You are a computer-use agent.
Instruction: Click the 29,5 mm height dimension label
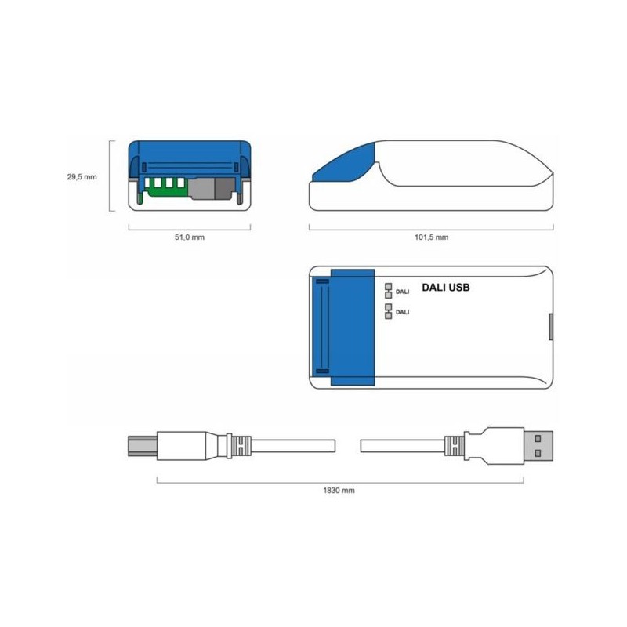[82, 177]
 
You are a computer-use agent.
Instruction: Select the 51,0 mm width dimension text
[189, 237]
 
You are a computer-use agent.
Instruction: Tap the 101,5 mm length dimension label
[432, 237]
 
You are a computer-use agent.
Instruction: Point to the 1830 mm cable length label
[339, 490]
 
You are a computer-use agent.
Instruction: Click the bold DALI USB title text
[446, 288]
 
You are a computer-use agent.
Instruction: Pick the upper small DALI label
[403, 292]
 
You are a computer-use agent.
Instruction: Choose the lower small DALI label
[403, 312]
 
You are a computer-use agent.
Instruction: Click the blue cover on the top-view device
[353, 328]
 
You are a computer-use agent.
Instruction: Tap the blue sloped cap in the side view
[346, 162]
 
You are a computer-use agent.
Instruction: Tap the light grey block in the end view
[202, 188]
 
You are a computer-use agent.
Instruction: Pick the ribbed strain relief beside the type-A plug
[452, 446]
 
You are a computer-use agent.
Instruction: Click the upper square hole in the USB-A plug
[538, 437]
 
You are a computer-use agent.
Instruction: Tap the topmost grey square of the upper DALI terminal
[388, 286]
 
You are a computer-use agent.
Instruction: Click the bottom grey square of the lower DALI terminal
[388, 315]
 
